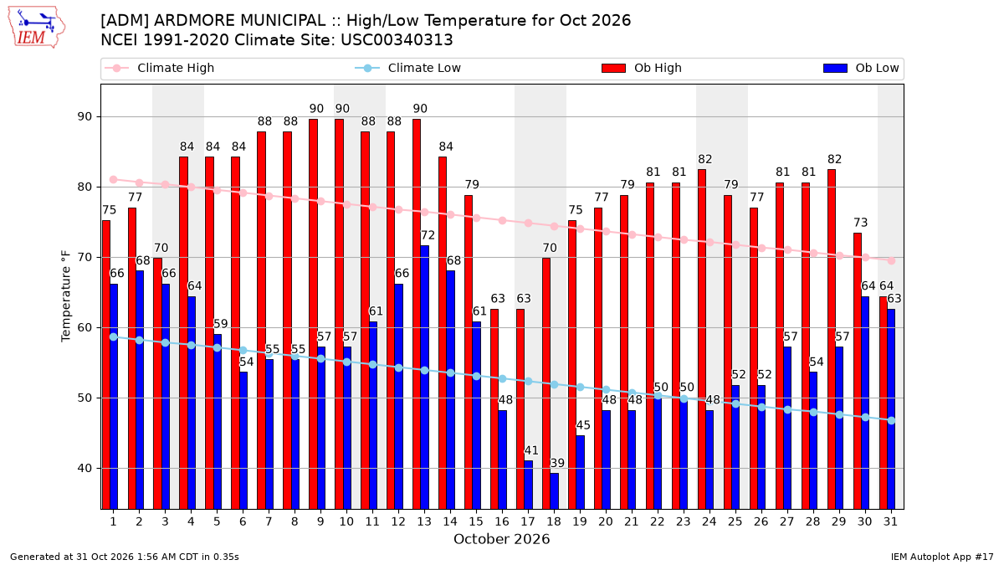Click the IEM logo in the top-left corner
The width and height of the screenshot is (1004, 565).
(37, 27)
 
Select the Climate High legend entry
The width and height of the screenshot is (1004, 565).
(159, 68)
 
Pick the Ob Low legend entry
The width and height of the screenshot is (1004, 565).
(861, 68)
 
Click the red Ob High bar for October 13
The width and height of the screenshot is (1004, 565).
(417, 315)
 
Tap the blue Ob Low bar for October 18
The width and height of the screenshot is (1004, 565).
(555, 491)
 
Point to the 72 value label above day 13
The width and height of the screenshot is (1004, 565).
(428, 235)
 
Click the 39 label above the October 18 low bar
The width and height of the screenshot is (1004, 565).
(557, 463)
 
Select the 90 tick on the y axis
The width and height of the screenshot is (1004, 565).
(85, 117)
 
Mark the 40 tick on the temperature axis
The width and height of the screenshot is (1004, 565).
(85, 469)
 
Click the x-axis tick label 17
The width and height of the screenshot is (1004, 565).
(528, 522)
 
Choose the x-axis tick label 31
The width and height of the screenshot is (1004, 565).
(890, 522)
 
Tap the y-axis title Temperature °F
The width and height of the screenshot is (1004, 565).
(66, 296)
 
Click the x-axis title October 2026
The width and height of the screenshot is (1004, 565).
(501, 539)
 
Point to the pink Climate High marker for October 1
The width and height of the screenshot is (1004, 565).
(114, 180)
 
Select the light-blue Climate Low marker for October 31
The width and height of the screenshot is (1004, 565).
(892, 420)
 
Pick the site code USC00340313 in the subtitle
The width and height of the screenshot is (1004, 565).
(397, 40)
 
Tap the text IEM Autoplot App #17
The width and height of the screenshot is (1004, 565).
(942, 557)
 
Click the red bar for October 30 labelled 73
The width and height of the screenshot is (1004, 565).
(858, 372)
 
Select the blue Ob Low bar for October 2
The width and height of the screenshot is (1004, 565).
(140, 390)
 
